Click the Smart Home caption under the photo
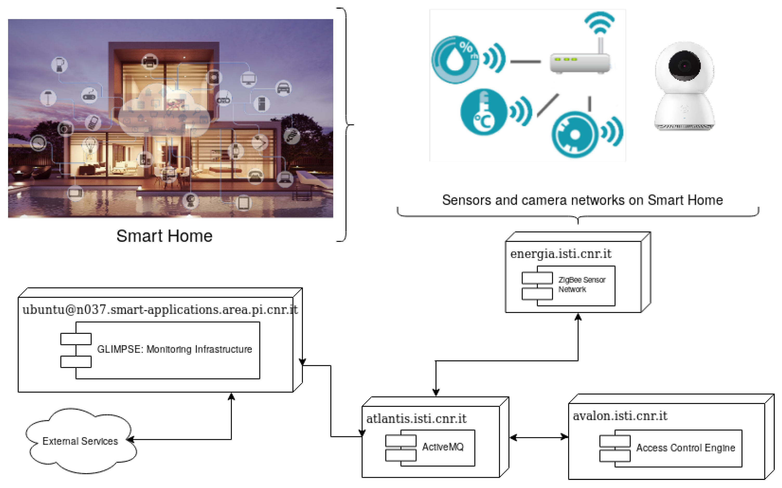click(165, 236)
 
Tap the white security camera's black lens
click(684, 66)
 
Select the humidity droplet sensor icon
click(455, 60)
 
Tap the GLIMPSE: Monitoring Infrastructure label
click(174, 349)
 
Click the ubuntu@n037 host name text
click(160, 310)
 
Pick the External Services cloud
click(80, 441)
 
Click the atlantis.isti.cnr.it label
click(416, 419)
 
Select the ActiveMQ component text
click(443, 447)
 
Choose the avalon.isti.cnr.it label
click(620, 416)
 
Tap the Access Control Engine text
click(685, 448)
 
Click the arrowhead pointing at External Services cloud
click(130, 439)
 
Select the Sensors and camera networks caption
click(582, 200)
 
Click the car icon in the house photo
click(283, 88)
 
